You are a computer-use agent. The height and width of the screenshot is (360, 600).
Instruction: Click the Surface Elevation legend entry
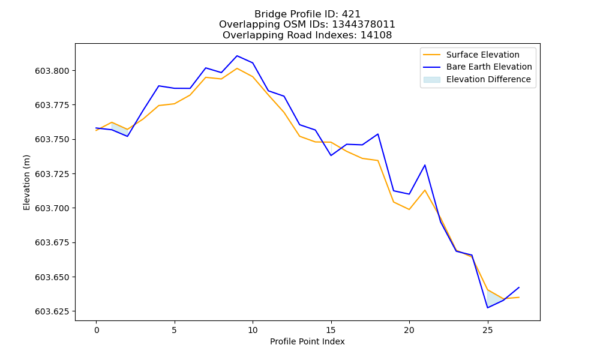[471, 55]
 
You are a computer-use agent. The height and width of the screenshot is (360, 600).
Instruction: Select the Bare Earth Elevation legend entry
[477, 67]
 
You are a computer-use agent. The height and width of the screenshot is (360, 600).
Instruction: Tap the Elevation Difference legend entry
[477, 79]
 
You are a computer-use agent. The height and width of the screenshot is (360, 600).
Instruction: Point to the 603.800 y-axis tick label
[52, 71]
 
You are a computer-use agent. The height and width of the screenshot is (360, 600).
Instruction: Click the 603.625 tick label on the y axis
[52, 311]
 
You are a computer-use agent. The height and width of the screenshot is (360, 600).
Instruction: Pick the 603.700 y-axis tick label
[52, 208]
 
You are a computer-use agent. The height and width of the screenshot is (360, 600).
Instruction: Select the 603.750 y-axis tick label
[52, 139]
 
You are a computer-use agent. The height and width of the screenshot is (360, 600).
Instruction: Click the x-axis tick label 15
[331, 330]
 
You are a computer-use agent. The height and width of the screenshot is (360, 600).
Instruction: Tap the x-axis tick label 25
[487, 330]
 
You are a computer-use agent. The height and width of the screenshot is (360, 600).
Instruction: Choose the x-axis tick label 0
[97, 330]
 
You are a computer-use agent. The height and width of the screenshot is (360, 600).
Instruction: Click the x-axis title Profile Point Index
[307, 341]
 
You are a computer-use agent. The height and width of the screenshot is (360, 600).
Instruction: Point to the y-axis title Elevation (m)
[26, 182]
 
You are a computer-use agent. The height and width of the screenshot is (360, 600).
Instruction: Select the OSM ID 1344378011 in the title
[363, 25]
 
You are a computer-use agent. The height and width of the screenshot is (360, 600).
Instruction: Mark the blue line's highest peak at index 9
[237, 56]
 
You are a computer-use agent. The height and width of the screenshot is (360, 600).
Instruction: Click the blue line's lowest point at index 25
[487, 308]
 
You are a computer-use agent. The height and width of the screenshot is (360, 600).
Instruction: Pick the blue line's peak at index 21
[425, 165]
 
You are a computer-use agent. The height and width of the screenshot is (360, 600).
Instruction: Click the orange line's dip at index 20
[409, 209]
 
